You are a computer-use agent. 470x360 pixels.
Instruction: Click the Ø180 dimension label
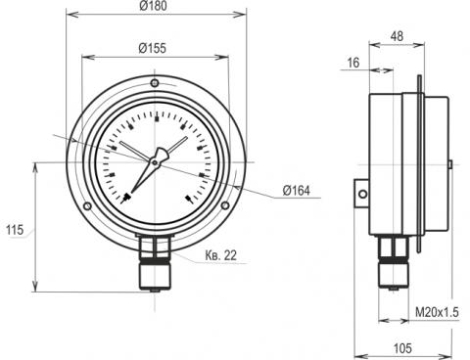(153, 6)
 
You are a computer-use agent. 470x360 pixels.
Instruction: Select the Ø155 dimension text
(153, 48)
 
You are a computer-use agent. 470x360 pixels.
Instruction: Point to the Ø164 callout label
(297, 191)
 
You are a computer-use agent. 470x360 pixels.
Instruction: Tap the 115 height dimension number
(15, 230)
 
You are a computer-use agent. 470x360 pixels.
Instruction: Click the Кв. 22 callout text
(221, 255)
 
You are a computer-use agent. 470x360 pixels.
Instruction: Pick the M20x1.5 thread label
(437, 312)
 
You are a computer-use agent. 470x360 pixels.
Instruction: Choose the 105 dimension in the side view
(402, 348)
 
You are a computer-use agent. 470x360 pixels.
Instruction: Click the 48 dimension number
(397, 36)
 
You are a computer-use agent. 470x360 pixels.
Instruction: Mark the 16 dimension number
(353, 63)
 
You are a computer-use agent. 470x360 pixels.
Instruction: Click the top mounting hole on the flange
(155, 83)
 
